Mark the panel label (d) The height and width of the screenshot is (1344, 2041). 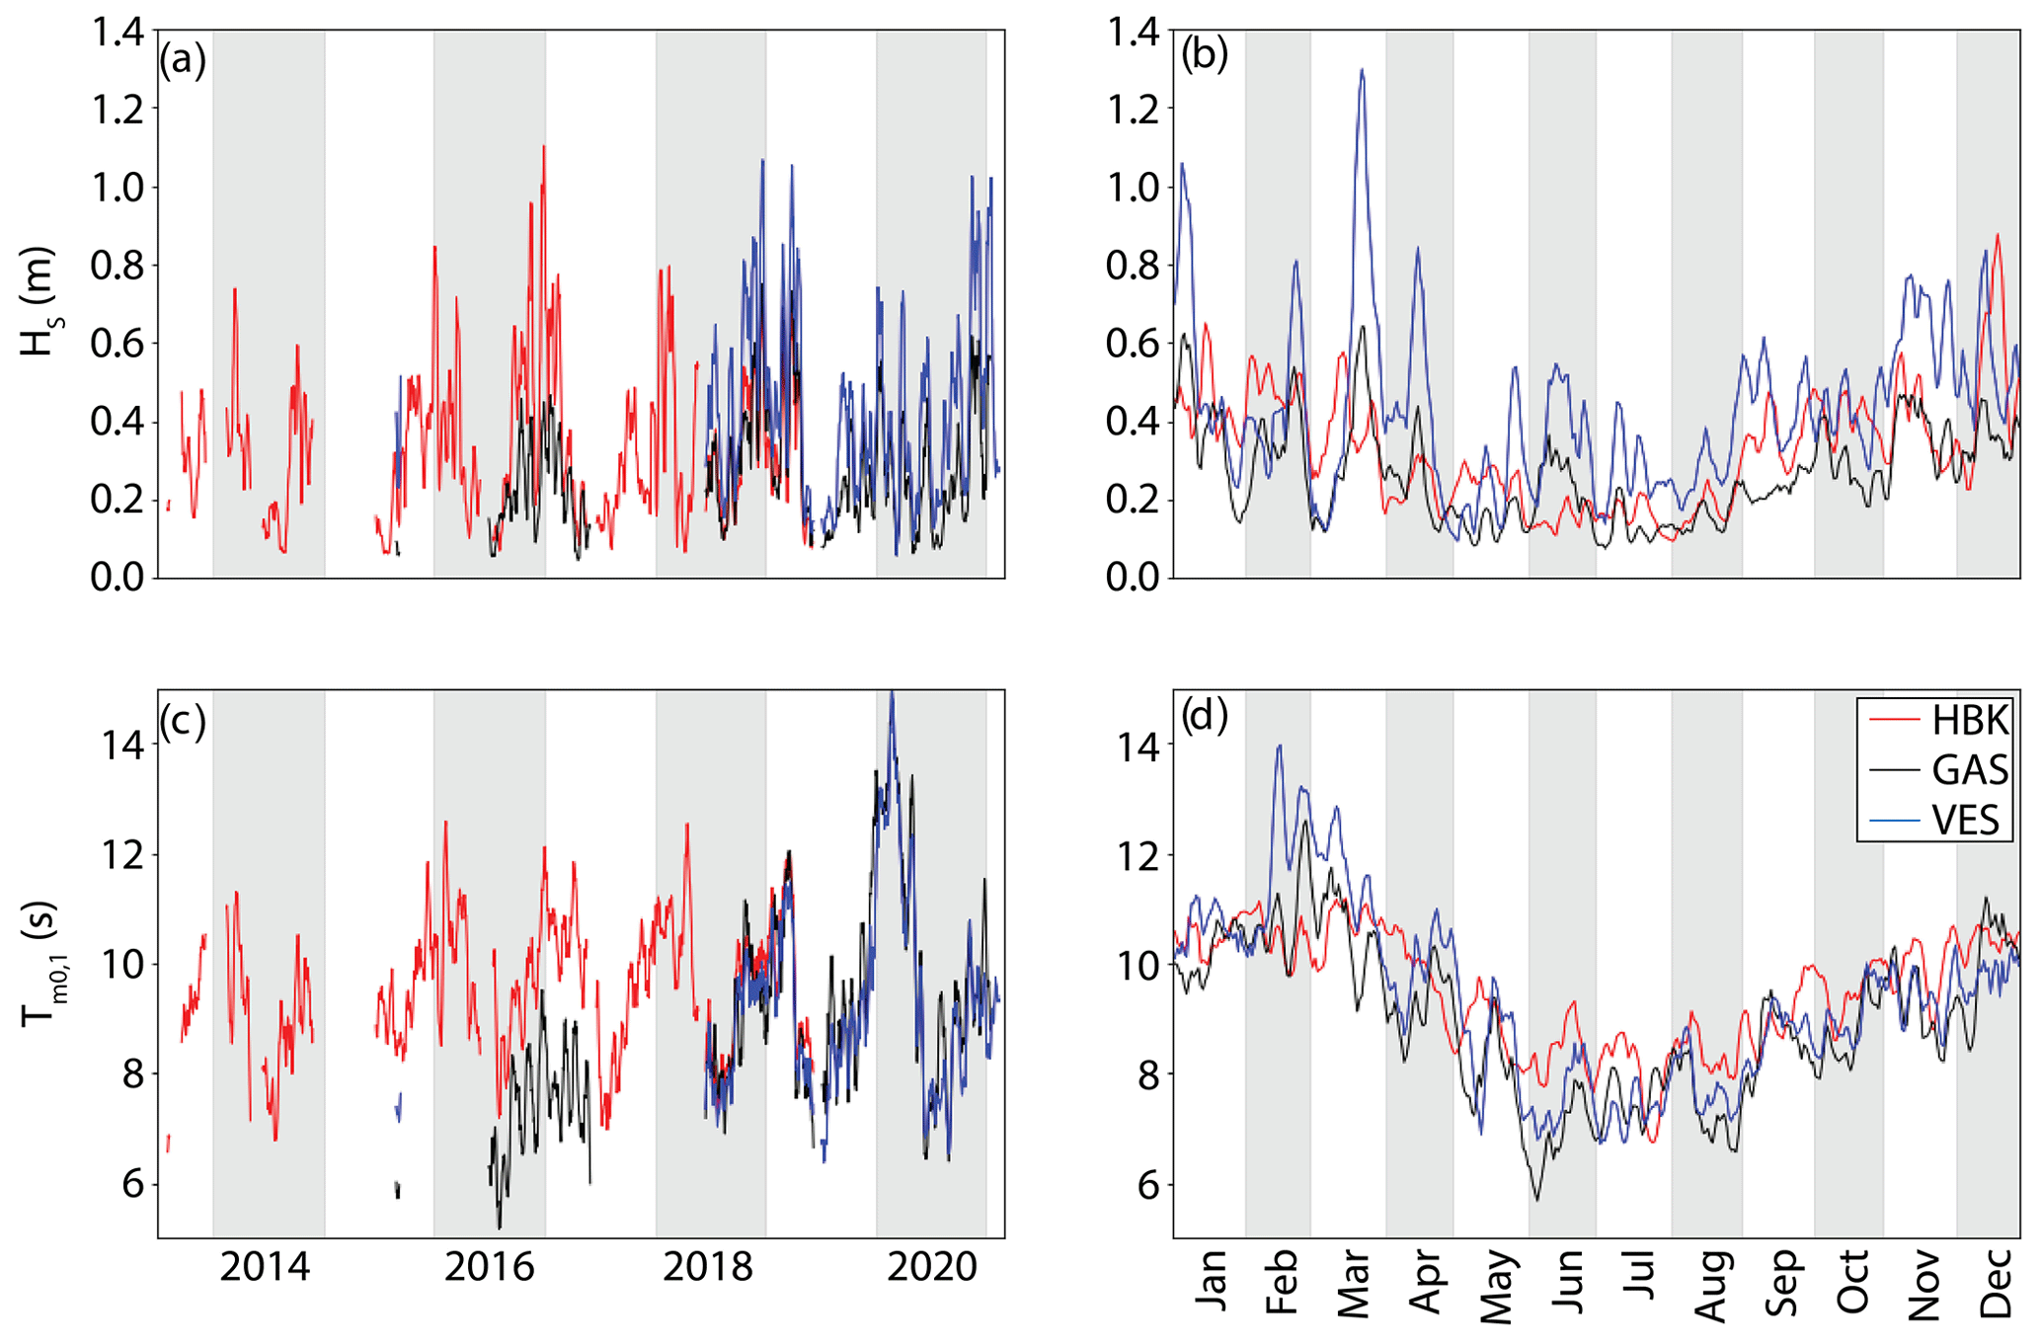(1204, 716)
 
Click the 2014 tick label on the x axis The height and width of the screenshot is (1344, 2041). (265, 1267)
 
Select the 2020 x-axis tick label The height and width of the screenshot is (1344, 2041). (931, 1267)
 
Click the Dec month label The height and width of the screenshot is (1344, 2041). (1996, 1282)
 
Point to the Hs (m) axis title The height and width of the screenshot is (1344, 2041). (39, 301)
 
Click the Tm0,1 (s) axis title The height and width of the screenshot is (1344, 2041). (41, 963)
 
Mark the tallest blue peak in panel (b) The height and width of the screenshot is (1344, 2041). (1362, 70)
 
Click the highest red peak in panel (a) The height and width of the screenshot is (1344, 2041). (543, 147)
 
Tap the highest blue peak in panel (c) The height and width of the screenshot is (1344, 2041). (892, 693)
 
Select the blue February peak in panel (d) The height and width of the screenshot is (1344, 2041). (1280, 747)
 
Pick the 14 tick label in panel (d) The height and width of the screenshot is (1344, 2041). (1138, 746)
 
